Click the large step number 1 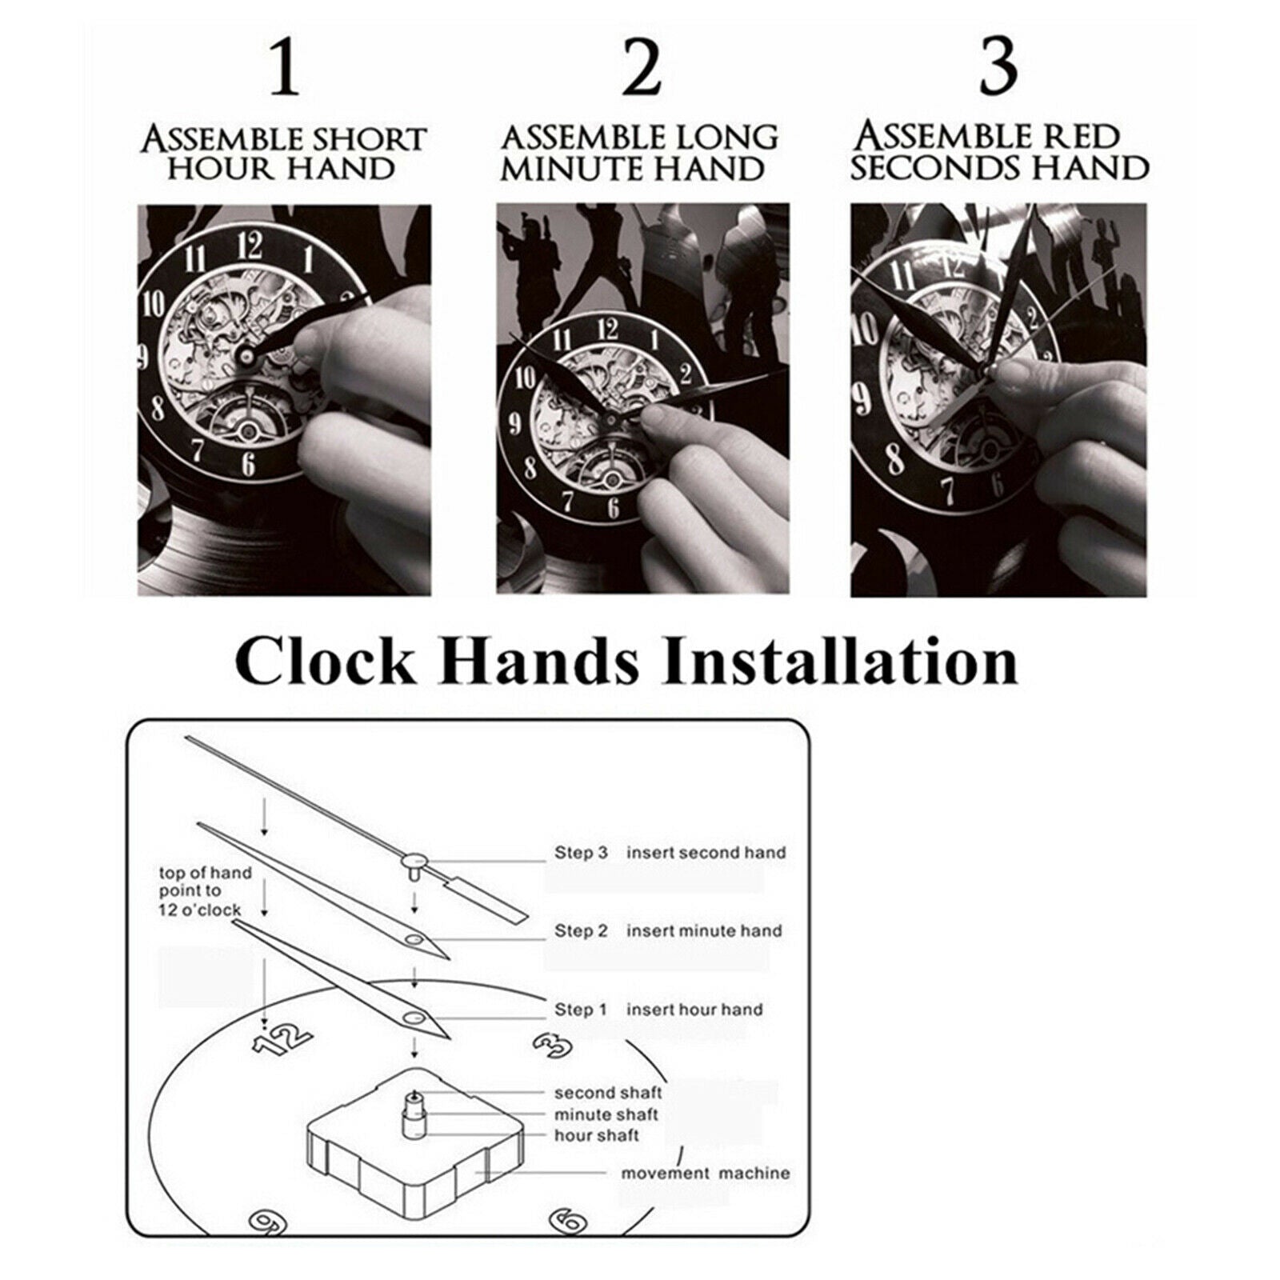pos(284,69)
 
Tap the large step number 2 pos(641,69)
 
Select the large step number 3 pos(998,69)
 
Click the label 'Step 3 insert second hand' pos(670,853)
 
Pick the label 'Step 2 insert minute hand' pos(668,931)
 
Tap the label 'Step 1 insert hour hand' pos(658,1010)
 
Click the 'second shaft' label pos(608,1093)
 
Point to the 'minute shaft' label pos(606,1114)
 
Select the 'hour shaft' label pos(596,1135)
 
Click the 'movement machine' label pos(706,1174)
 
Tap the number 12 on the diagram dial pos(282,1038)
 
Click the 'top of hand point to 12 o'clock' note pos(205,891)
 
